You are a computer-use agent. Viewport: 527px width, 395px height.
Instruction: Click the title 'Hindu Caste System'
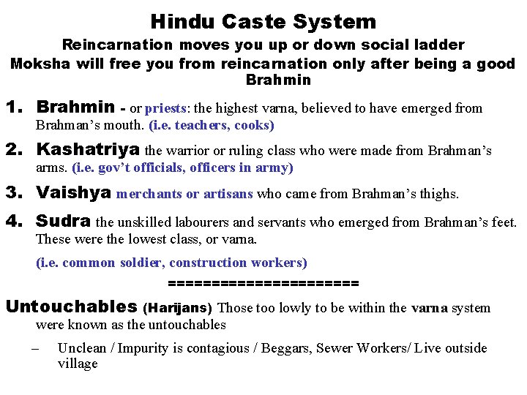(x=263, y=22)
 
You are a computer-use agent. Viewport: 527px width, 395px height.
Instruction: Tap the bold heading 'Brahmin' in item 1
(x=75, y=108)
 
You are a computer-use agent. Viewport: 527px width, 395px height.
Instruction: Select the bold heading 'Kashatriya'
(x=88, y=151)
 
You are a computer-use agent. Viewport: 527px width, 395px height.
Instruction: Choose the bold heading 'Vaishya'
(x=73, y=193)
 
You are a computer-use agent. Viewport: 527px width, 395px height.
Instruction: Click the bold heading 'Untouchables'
(x=71, y=306)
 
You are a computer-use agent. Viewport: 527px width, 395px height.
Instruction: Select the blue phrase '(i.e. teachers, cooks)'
(x=212, y=125)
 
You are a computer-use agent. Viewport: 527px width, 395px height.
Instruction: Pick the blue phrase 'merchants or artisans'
(x=184, y=194)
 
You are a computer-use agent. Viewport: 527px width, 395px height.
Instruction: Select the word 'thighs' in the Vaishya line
(x=438, y=195)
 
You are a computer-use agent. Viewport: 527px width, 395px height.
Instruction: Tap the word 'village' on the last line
(x=78, y=364)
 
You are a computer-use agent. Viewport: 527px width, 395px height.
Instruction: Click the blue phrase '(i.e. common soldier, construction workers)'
(x=171, y=263)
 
